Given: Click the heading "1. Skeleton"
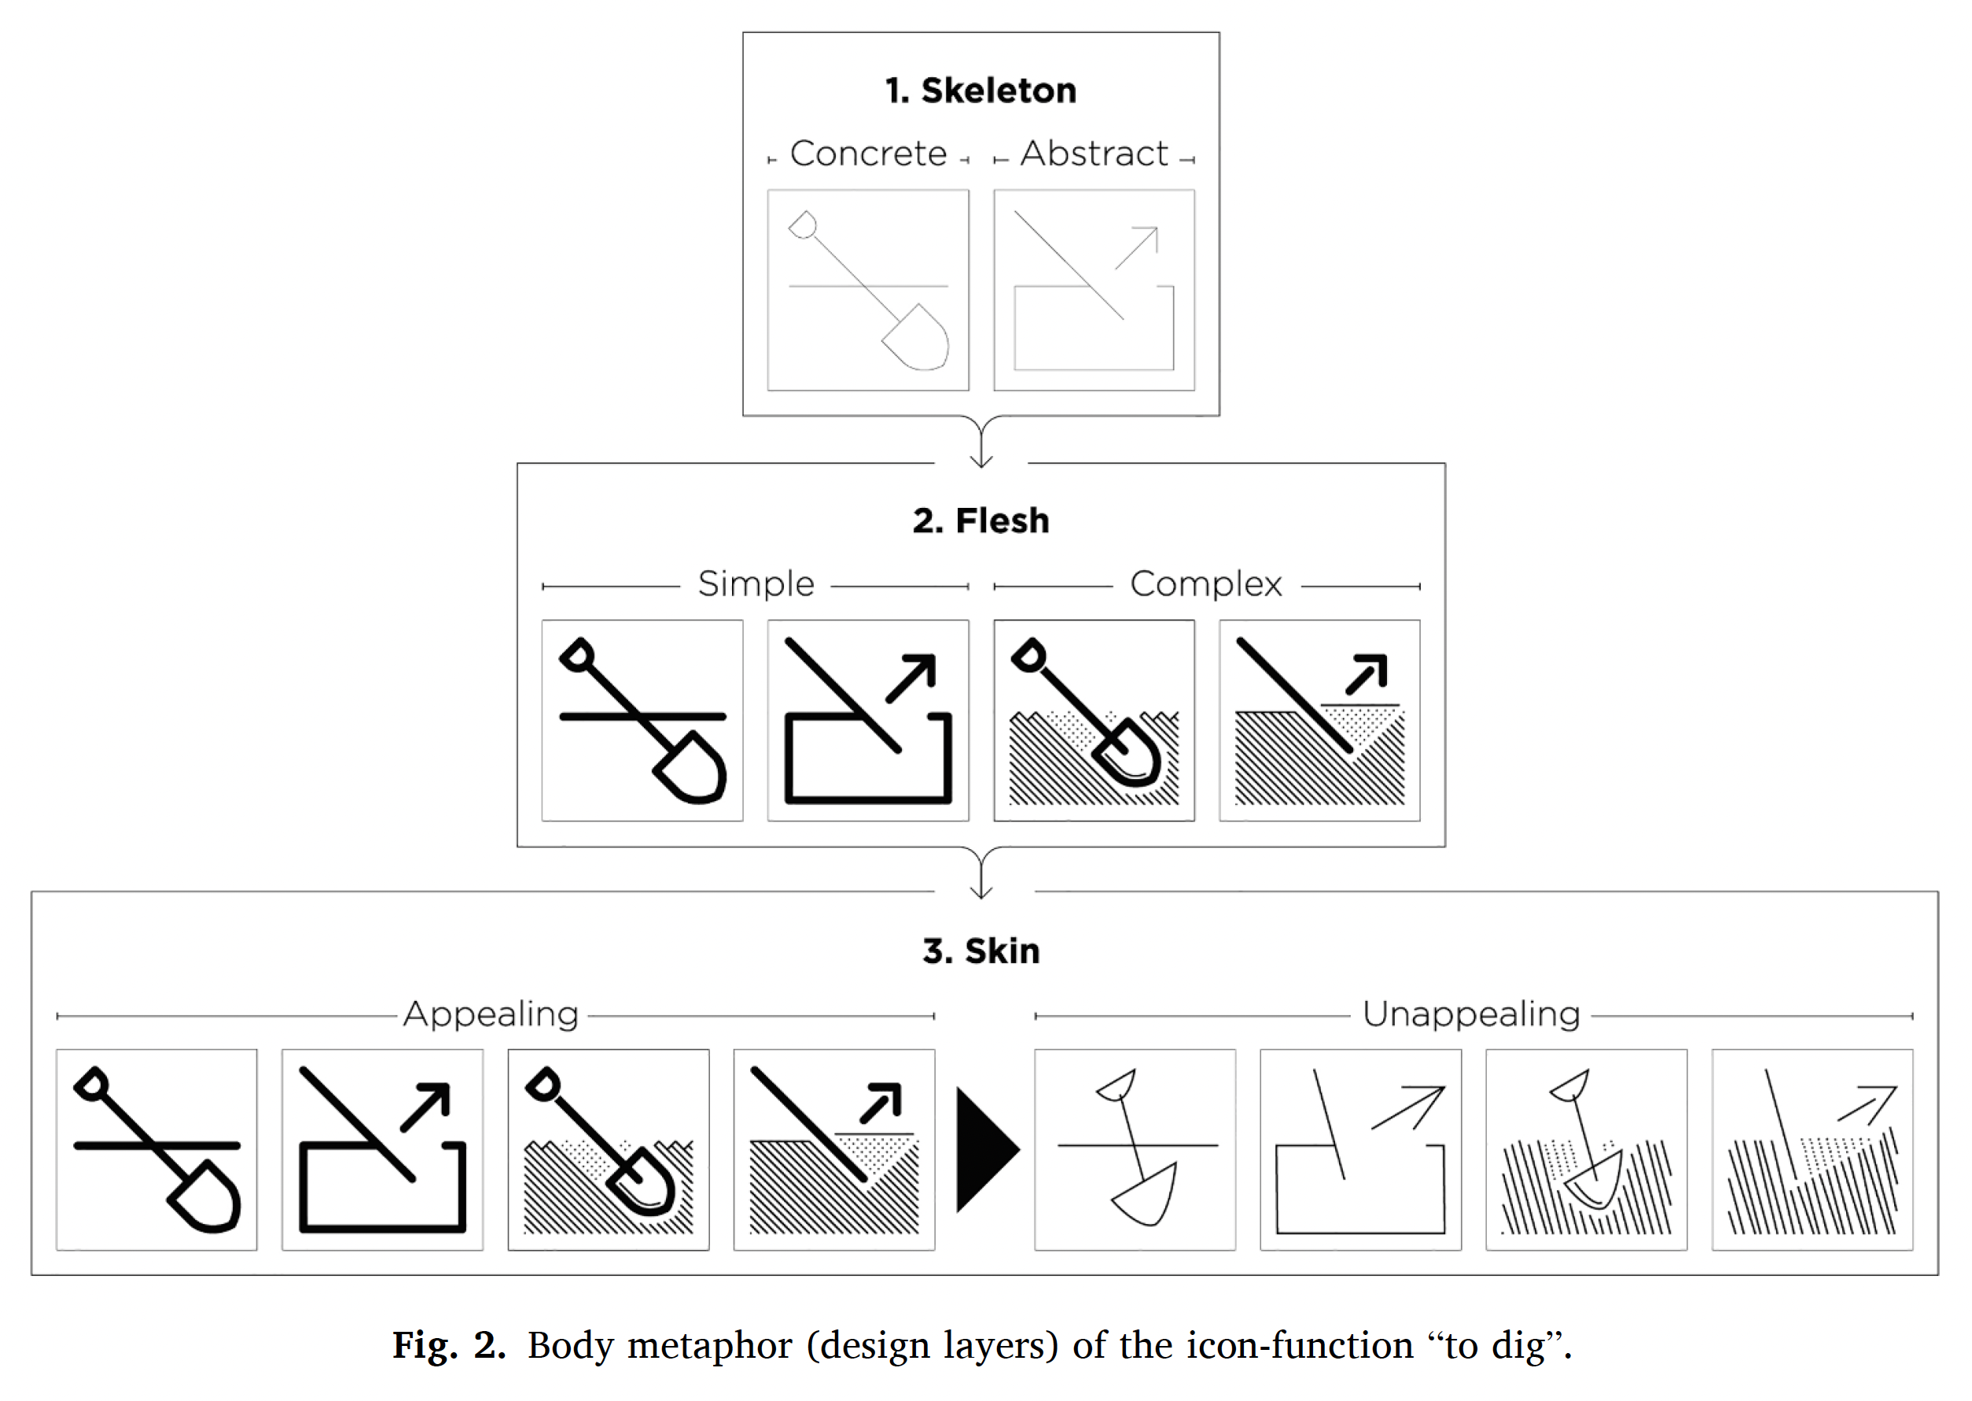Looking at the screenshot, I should tap(980, 90).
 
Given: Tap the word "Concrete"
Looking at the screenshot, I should tap(868, 153).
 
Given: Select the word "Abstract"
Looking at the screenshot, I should tap(1094, 153).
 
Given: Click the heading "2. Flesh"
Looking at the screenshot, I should tap(980, 521).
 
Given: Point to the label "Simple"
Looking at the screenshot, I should tap(756, 584).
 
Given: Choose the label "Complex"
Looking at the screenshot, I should tap(1206, 584).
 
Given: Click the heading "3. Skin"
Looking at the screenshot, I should tap(980, 951).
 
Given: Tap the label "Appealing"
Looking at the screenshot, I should tap(491, 1013).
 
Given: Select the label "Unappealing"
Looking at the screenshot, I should tap(1471, 1013).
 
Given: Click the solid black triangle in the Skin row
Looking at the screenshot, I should tap(984, 1150).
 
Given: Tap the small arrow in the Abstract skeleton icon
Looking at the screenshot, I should tap(1137, 248).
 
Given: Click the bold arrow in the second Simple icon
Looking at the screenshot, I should tap(913, 676).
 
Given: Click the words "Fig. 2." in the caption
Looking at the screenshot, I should tap(448, 1346).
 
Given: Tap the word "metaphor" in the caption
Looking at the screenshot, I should tap(709, 1346).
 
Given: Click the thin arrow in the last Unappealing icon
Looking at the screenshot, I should tap(1868, 1105).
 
